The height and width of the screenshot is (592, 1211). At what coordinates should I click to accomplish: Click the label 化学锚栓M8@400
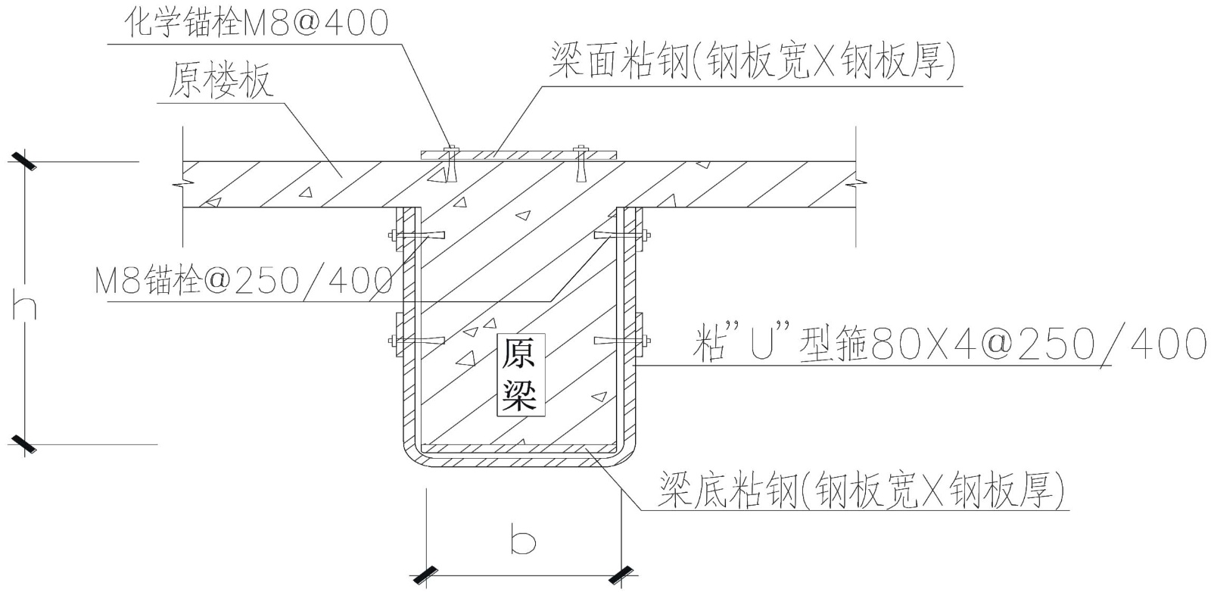(257, 23)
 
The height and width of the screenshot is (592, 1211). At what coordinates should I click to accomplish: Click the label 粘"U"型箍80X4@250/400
(950, 345)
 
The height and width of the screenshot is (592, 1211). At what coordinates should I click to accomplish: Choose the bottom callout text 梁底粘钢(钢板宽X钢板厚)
(863, 490)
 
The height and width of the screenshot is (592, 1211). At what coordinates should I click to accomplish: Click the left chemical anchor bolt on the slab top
(450, 163)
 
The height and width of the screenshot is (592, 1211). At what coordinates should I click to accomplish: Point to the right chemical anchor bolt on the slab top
(581, 163)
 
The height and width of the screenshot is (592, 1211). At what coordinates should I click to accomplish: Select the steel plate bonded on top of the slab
(518, 154)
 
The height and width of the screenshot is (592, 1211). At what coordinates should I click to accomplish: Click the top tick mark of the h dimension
(24, 161)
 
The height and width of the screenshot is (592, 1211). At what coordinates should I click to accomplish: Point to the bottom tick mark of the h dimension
(24, 444)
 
